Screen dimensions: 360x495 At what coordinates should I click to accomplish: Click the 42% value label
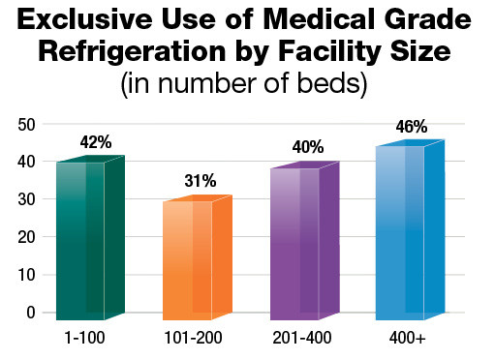[x=96, y=142]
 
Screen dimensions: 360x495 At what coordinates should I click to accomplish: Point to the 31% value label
[x=201, y=181]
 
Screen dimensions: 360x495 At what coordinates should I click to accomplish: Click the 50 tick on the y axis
[x=26, y=125]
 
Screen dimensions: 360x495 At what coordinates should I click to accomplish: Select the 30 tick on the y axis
[x=26, y=199]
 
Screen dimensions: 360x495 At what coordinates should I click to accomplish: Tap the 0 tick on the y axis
[x=31, y=312]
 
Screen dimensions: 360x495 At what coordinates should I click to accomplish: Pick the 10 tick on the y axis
[x=26, y=275]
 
